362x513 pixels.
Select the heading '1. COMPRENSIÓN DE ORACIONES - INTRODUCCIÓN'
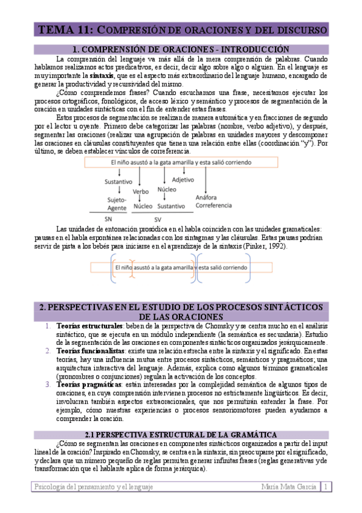point(181,49)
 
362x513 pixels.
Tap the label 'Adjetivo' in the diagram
point(183,180)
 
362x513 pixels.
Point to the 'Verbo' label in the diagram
point(140,192)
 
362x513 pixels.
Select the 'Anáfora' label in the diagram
point(208,197)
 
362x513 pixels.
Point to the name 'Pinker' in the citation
point(251,246)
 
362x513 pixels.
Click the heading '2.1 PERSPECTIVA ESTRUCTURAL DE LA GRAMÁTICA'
point(181,434)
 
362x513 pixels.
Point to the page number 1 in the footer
point(326,486)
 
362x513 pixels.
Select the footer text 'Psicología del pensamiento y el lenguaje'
point(93,486)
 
